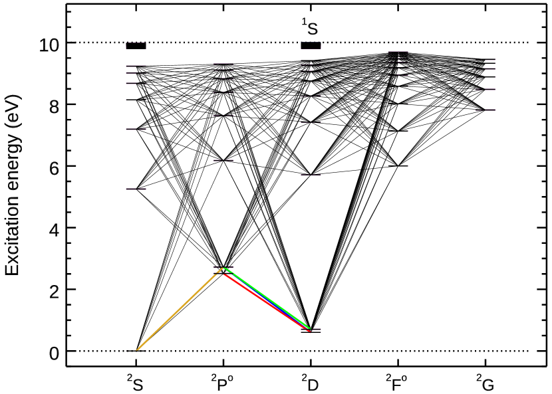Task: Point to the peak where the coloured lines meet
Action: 223,269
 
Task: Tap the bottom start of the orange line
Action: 136,350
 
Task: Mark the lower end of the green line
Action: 310,328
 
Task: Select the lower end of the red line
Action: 309,331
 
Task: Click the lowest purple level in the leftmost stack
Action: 136,189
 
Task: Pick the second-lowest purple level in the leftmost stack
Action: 136,129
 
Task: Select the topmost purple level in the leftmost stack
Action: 136,43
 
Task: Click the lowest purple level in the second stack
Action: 223,160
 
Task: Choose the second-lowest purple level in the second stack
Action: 223,116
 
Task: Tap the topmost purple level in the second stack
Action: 223,64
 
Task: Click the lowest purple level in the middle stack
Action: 311,175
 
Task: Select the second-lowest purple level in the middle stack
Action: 311,122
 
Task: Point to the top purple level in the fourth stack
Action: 398,51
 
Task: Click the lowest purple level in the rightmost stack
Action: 486,110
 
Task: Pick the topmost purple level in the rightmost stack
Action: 490,60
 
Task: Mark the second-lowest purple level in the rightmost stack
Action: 486,89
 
